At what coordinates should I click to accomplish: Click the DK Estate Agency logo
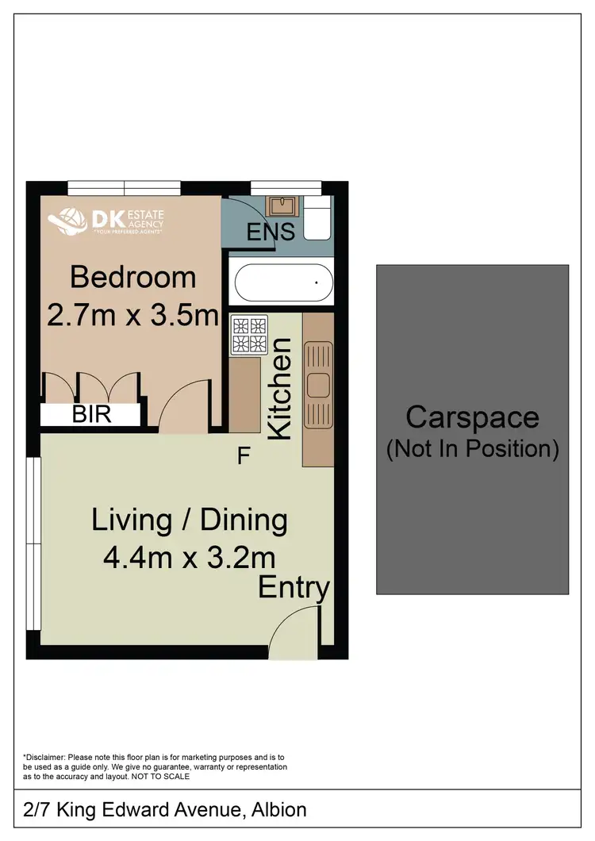[106, 221]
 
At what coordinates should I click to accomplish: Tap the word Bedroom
[132, 278]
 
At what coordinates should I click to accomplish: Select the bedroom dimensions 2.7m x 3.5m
[132, 316]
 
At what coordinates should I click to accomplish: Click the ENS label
[271, 232]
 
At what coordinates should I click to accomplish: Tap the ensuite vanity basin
[281, 206]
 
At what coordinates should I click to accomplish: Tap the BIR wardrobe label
[91, 414]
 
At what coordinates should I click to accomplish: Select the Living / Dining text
[189, 520]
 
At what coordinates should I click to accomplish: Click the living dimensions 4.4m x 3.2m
[189, 557]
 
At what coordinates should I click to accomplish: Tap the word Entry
[294, 588]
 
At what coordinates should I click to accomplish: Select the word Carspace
[472, 417]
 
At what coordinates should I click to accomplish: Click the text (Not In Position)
[472, 449]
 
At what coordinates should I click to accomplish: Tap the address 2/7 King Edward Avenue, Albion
[165, 810]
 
